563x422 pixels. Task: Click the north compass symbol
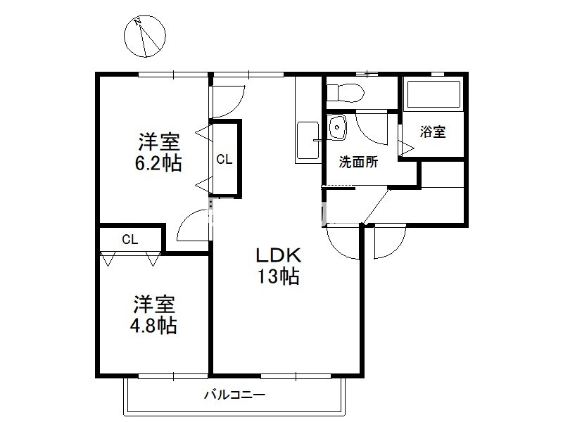point(145,37)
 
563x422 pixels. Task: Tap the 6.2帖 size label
point(158,163)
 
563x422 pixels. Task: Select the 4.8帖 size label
point(153,326)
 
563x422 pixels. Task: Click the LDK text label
point(278,255)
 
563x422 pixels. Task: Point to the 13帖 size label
point(278,276)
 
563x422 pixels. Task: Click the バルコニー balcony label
point(235,395)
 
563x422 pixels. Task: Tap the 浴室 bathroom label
point(433,132)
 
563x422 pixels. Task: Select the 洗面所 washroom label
point(358,162)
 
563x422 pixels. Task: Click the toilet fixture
point(346,93)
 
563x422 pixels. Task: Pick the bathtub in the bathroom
point(433,94)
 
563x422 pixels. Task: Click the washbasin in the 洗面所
point(337,127)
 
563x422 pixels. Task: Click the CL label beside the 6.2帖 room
point(224,160)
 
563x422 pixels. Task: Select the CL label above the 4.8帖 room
point(130,239)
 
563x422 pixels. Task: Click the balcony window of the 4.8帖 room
point(173,376)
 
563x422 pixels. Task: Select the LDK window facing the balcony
point(296,376)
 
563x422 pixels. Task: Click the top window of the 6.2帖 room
point(173,75)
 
